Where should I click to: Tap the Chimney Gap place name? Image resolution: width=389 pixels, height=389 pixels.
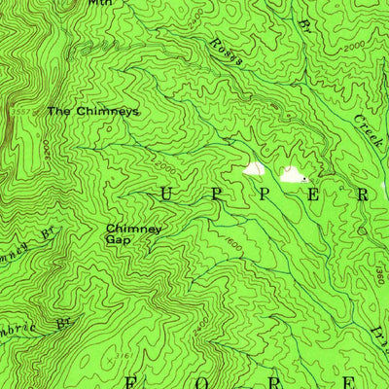tap(133, 233)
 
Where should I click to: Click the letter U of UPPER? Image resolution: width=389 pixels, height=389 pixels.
tap(164, 194)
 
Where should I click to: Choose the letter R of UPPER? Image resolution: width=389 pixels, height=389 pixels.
tap(363, 194)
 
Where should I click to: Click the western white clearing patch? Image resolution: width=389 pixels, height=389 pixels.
tap(254, 169)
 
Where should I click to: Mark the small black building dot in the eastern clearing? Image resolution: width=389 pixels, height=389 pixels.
tap(305, 179)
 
